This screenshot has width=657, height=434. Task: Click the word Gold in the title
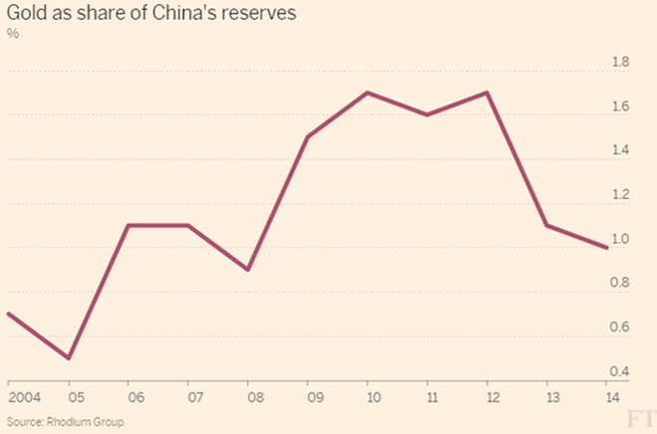click(x=27, y=13)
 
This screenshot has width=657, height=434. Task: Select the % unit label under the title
click(x=13, y=34)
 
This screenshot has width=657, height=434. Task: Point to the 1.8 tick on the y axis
click(x=620, y=62)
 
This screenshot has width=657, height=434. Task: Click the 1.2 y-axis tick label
click(x=620, y=194)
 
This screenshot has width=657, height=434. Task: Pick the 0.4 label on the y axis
click(x=620, y=371)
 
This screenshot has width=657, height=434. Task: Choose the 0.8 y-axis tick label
click(x=620, y=283)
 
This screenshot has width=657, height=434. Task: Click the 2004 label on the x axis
click(x=24, y=397)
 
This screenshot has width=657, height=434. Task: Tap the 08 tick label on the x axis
click(x=255, y=397)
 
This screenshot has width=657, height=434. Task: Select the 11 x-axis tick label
click(x=432, y=397)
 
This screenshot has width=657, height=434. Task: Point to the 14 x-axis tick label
click(x=612, y=397)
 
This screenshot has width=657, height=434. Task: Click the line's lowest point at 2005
click(x=69, y=358)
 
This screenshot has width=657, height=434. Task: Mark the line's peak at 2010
click(x=367, y=93)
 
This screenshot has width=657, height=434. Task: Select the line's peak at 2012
click(x=487, y=93)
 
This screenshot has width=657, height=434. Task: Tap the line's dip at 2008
click(x=248, y=270)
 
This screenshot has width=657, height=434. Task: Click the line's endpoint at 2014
click(x=606, y=248)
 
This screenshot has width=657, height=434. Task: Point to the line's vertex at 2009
click(x=308, y=137)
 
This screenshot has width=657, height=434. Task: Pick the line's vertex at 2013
click(x=547, y=225)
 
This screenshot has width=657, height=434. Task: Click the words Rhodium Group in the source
click(x=85, y=421)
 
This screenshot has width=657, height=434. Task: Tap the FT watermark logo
click(x=641, y=420)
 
